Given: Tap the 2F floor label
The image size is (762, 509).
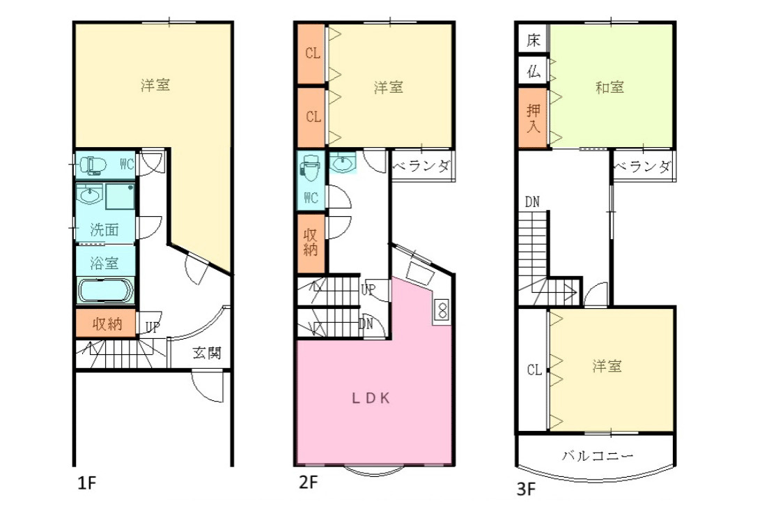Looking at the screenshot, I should click(309, 483).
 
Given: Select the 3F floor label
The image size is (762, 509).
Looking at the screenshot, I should click(526, 488).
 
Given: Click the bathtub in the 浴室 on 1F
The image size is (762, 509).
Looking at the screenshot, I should click(105, 290).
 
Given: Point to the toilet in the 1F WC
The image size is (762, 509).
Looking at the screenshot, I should click(92, 165).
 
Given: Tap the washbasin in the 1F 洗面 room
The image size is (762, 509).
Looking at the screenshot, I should click(90, 196).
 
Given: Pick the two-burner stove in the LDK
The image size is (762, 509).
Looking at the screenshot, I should click(441, 311).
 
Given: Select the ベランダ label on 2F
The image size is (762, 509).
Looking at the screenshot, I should click(421, 167).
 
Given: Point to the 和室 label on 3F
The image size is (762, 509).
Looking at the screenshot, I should click(609, 88).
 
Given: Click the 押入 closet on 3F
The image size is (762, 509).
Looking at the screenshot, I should click(533, 117).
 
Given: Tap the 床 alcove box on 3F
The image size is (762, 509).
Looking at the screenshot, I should click(533, 40).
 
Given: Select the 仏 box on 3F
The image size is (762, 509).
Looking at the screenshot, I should click(533, 71).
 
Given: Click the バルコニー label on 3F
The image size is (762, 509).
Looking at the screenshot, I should click(598, 457).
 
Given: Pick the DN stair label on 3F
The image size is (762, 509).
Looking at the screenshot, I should click(533, 203).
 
